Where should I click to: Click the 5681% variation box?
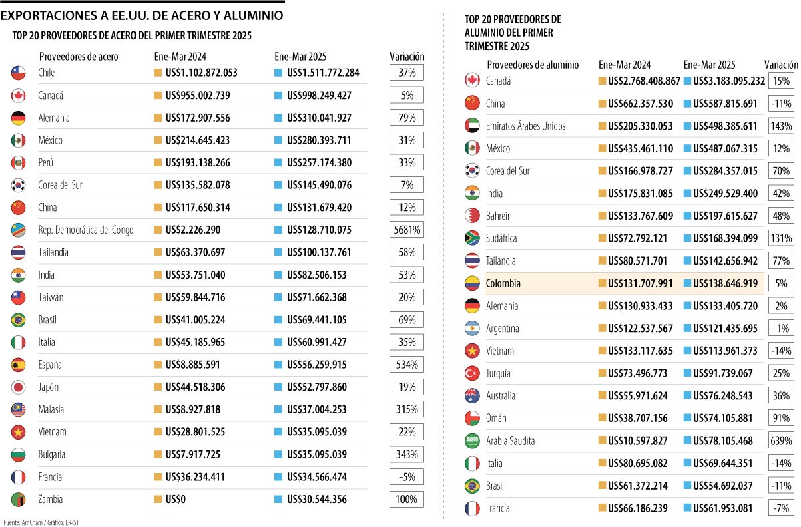tap(407, 230)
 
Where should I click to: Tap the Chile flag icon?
tap(19, 73)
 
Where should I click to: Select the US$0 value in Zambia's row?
tap(177, 499)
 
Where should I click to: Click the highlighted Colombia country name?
tap(503, 283)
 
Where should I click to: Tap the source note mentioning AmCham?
tap(45, 522)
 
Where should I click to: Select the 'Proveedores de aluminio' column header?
tap(533, 65)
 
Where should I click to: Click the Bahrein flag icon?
tap(472, 216)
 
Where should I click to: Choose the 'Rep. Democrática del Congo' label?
tap(86, 230)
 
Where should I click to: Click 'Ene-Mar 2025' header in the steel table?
tap(300, 57)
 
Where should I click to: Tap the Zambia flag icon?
tap(19, 499)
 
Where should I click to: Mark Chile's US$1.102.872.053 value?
tap(201, 73)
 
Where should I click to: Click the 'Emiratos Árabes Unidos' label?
tap(525, 126)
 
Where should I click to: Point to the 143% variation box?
tap(780, 126)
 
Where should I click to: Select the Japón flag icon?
tap(19, 387)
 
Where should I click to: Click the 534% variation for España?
tap(407, 365)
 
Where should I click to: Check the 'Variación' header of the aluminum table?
tap(781, 65)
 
